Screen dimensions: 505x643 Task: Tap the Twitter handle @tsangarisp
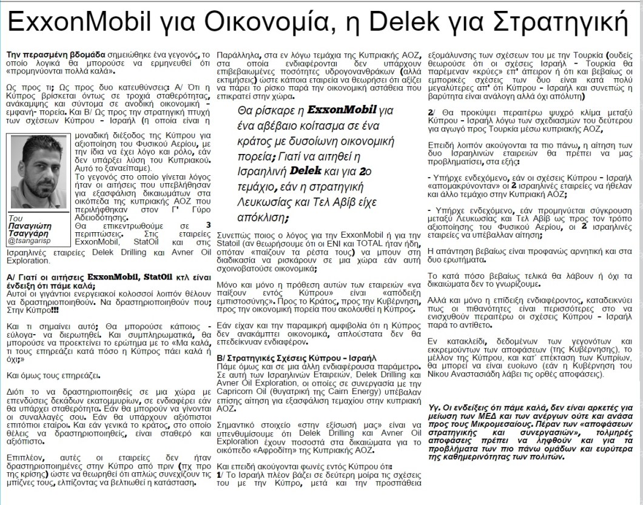[x=29, y=241]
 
